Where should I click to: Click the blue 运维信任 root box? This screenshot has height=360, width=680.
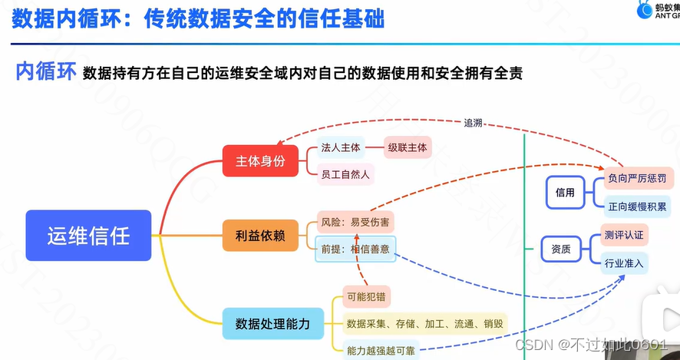[88, 235]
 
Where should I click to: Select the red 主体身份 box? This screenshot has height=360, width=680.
[260, 160]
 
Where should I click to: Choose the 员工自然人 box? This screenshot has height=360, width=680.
[345, 174]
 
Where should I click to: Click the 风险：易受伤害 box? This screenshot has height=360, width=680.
[355, 223]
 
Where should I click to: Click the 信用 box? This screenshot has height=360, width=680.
[565, 193]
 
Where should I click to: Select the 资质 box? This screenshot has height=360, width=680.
[561, 249]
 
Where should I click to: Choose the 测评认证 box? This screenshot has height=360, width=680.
[624, 234]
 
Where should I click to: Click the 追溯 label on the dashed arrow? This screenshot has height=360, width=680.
[474, 123]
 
